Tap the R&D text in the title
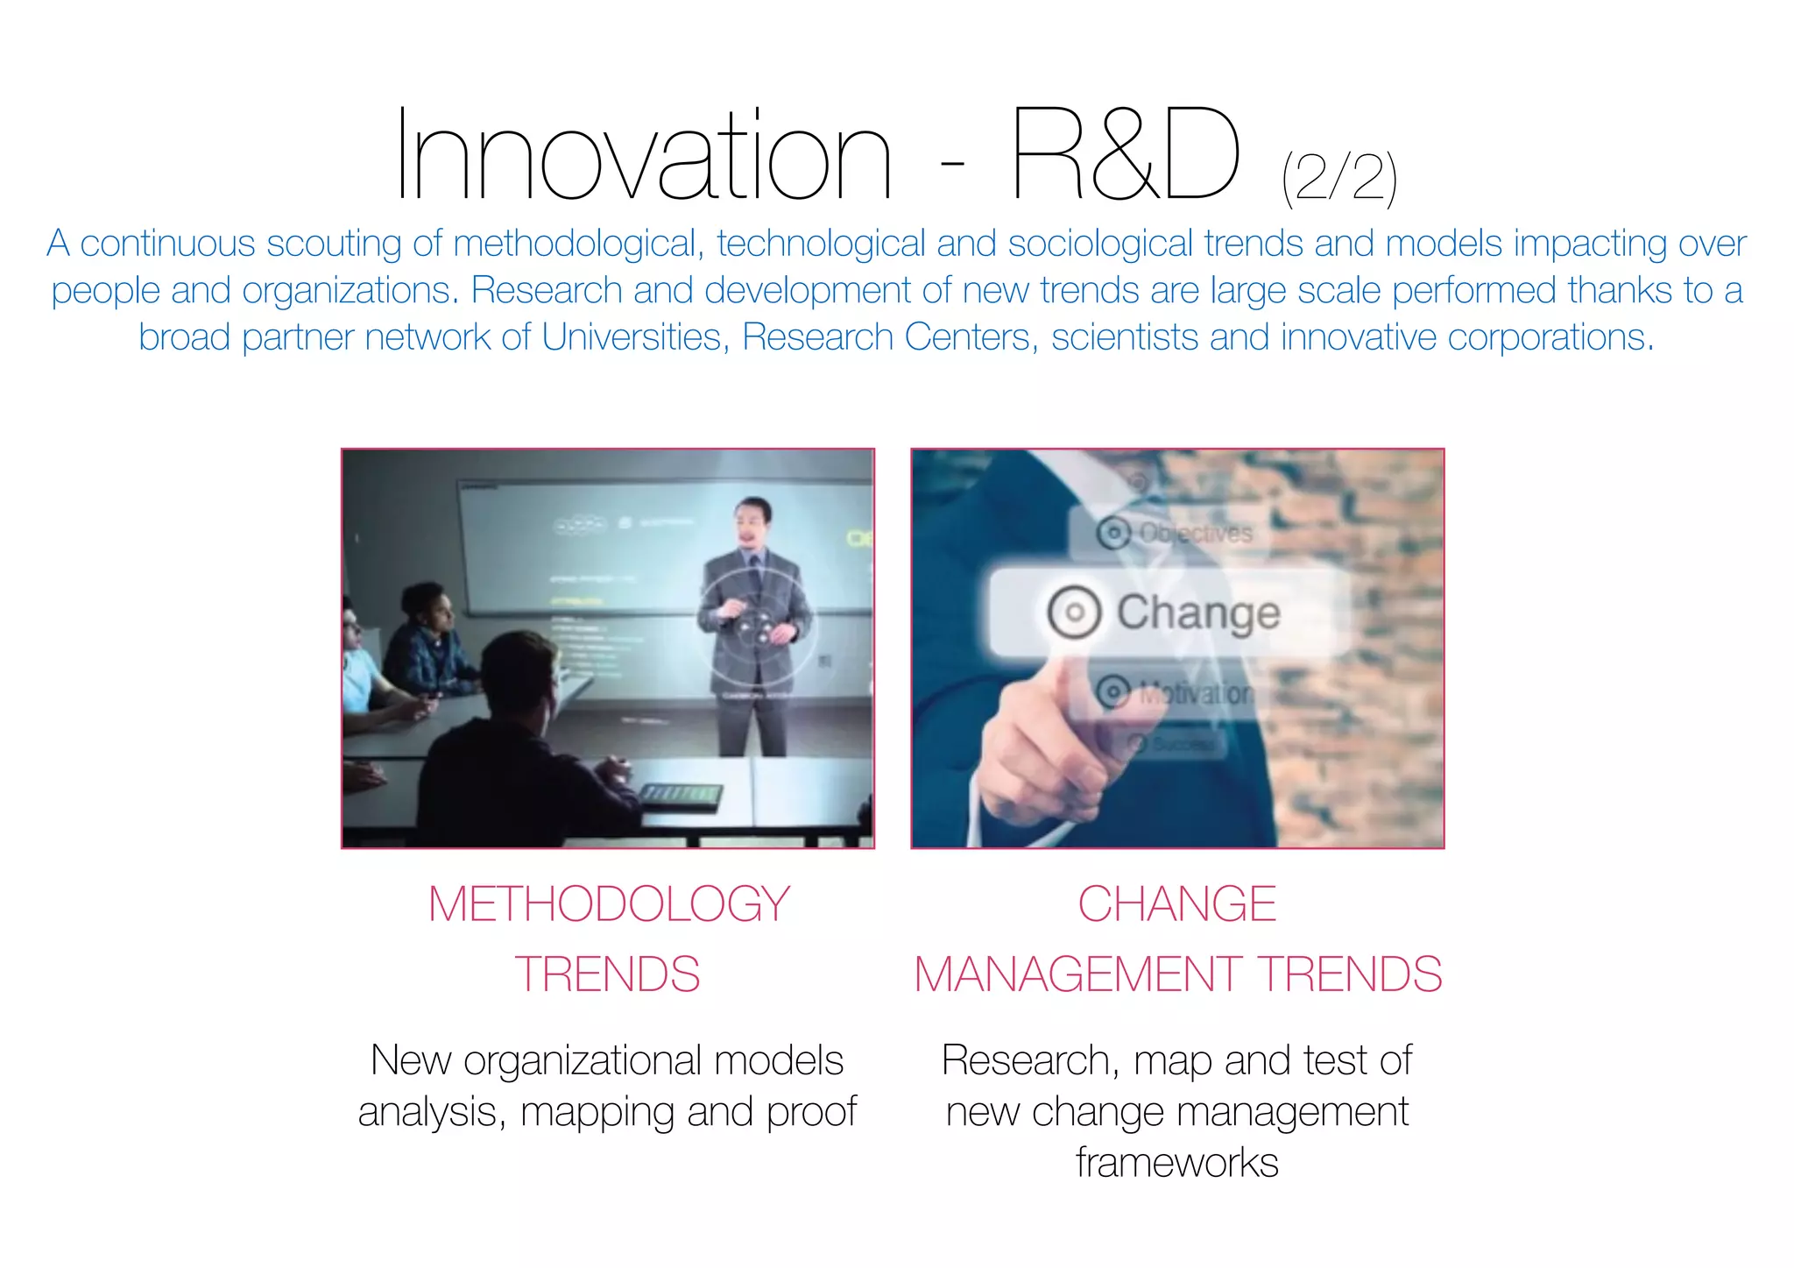coord(1125,156)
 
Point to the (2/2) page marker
coord(1338,179)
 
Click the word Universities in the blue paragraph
coord(632,337)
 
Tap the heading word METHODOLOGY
coord(609,903)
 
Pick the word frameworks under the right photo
coord(1176,1163)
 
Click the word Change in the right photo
coord(1197,612)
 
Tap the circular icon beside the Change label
coord(1074,612)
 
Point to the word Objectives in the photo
coord(1195,533)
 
